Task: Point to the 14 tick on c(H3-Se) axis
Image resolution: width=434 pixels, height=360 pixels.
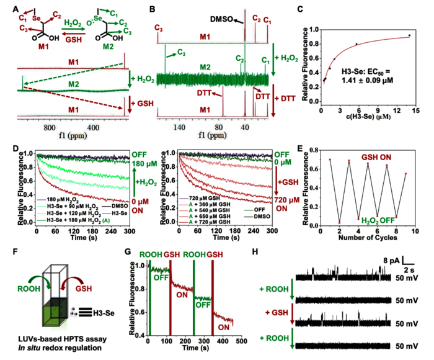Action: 409,110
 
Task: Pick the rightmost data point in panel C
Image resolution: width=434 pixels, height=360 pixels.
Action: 409,35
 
